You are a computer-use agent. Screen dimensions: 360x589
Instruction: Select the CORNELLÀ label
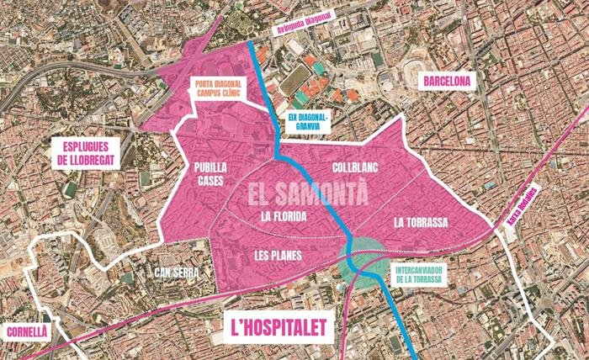[x=25, y=331]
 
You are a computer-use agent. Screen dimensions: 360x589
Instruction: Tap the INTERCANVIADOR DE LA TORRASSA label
[x=417, y=274]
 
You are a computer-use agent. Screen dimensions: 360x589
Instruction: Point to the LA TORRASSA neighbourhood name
[x=419, y=222]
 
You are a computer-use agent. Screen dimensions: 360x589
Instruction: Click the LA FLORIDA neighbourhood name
[x=283, y=216]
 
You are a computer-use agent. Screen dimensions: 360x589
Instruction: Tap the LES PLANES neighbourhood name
[x=279, y=254]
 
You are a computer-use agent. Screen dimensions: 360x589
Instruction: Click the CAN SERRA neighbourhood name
[x=176, y=272]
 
